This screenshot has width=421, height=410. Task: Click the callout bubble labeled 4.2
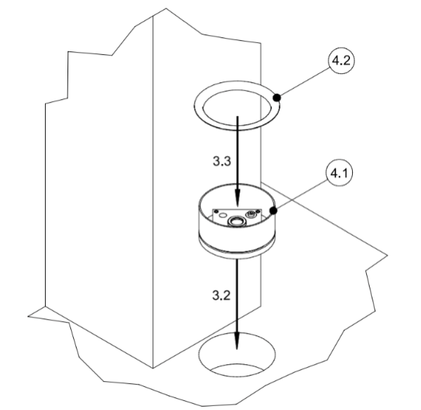click(341, 60)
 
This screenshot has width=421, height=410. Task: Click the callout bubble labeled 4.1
click(339, 173)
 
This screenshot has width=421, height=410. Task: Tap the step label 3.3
click(222, 161)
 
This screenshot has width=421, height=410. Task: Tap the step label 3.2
click(221, 295)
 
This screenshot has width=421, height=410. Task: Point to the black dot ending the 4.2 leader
click(277, 98)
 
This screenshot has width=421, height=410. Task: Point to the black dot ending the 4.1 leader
click(273, 211)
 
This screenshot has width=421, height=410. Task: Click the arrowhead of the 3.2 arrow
click(237, 340)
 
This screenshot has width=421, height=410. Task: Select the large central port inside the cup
click(235, 221)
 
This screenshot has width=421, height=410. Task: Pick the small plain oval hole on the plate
click(223, 215)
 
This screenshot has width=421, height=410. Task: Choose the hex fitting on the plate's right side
click(252, 214)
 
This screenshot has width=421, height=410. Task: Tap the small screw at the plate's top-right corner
click(258, 212)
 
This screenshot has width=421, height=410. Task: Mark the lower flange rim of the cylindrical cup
click(237, 254)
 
